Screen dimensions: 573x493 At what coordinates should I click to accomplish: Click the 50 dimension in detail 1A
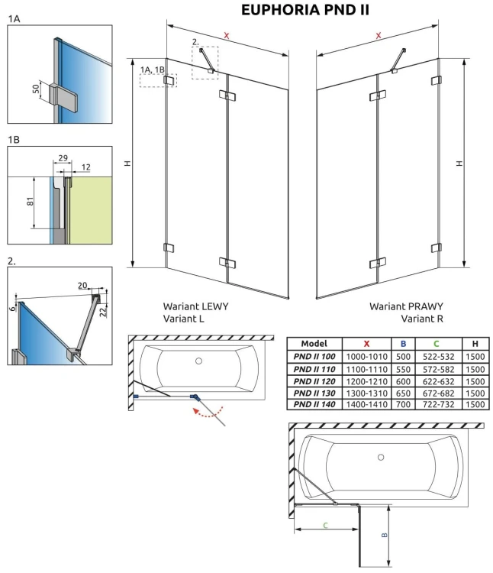(35, 89)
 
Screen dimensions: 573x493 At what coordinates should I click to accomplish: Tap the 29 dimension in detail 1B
(63, 158)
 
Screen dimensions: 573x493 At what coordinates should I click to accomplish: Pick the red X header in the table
(367, 344)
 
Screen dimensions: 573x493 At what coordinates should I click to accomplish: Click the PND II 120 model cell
(314, 380)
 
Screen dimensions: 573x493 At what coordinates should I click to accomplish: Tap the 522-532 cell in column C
(437, 357)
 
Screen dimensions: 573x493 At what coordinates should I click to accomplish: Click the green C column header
(437, 344)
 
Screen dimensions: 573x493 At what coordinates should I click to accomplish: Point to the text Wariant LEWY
(195, 306)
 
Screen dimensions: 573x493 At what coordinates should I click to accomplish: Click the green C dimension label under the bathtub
(324, 524)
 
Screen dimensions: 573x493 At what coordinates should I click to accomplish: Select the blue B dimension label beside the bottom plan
(385, 534)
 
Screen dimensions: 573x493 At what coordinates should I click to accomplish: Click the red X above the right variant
(379, 36)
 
